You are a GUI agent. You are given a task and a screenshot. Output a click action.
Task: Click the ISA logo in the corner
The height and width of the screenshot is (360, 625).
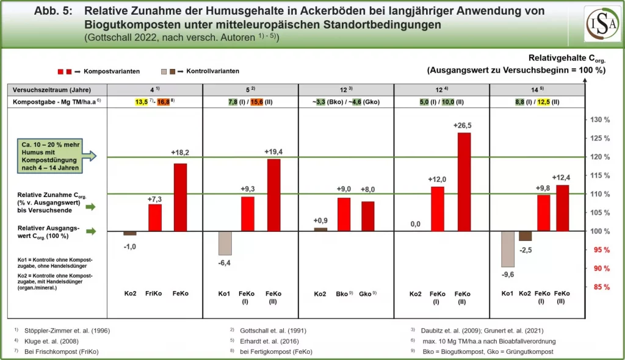[602, 24]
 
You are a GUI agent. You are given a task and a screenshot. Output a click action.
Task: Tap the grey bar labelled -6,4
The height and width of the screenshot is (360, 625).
[225, 243]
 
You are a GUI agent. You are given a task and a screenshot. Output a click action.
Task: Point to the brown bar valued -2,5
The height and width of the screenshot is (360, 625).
[525, 236]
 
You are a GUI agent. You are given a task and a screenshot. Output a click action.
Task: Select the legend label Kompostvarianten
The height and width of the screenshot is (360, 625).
[112, 71]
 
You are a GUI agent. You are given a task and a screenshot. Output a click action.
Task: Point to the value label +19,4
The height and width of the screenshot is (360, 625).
[273, 151]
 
